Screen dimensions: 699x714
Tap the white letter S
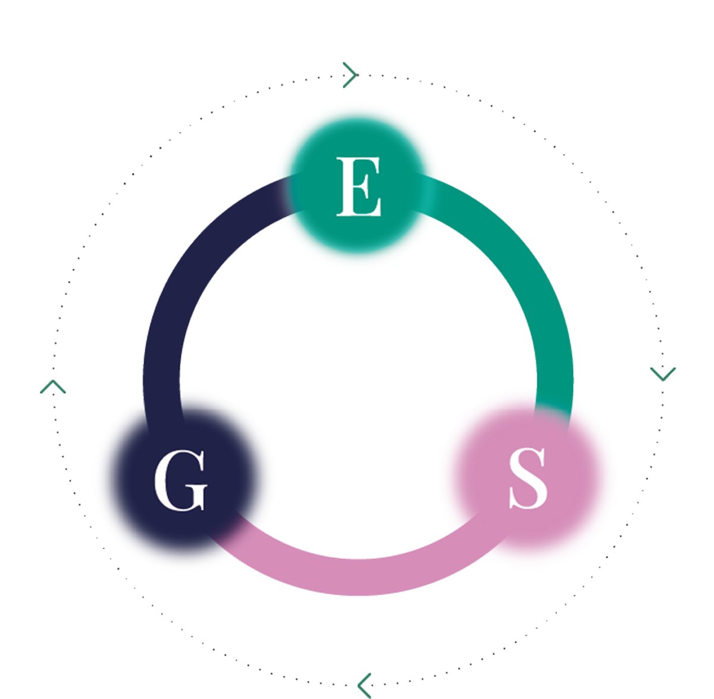528,478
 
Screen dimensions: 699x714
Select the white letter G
180,480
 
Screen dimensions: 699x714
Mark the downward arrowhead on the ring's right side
663,374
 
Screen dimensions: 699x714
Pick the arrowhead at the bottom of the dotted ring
365,683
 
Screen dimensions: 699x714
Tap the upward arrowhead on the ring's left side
53,388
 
